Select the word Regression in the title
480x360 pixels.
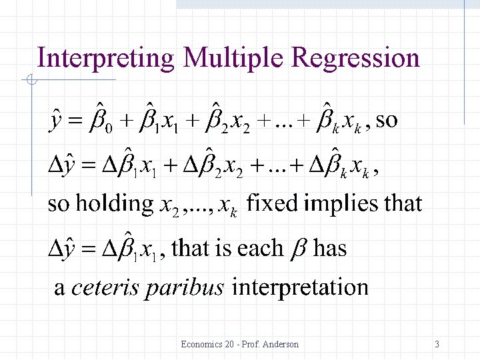[356, 59]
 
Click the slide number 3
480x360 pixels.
[437, 344]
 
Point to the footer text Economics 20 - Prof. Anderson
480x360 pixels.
[240, 344]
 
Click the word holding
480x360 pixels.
[119, 203]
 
